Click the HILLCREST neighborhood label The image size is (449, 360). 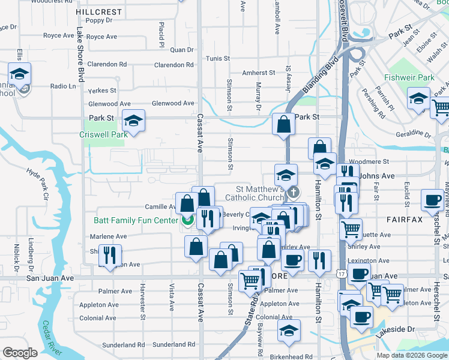point(100,11)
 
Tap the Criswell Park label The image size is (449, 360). point(104,135)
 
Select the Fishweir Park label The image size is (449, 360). point(409,77)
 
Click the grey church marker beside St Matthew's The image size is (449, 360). point(294,193)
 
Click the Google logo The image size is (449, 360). point(20,353)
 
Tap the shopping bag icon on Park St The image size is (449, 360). point(283,124)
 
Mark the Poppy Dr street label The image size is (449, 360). point(99,20)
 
